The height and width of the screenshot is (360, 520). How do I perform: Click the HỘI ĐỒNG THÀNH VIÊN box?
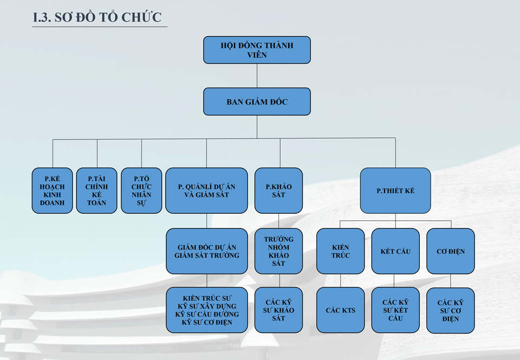(257, 50)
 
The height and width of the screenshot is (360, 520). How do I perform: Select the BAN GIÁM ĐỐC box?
(257, 101)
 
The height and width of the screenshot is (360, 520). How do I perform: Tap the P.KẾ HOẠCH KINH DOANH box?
(52, 191)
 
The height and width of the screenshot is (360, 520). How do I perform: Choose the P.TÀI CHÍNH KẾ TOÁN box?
(97, 191)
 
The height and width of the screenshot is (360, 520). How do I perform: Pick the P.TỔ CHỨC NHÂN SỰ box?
(141, 191)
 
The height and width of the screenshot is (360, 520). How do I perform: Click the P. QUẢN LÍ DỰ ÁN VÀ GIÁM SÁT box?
(206, 191)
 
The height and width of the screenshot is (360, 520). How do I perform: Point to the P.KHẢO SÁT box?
(278, 191)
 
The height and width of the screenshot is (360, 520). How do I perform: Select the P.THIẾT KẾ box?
(395, 191)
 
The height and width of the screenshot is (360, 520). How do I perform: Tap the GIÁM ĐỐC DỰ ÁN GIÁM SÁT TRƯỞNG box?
(206, 251)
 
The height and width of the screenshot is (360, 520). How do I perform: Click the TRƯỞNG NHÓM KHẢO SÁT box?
(278, 251)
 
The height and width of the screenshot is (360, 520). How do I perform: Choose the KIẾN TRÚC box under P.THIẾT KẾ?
(341, 251)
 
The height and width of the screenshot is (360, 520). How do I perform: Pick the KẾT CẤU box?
(395, 251)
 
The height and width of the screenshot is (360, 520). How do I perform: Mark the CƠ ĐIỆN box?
(451, 251)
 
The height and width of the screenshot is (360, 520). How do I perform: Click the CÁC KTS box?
(341, 310)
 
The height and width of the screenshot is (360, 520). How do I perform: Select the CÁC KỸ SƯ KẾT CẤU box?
(395, 310)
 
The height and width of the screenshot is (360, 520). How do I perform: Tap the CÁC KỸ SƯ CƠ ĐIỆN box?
(451, 310)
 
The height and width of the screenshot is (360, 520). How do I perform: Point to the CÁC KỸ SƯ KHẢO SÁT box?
(278, 310)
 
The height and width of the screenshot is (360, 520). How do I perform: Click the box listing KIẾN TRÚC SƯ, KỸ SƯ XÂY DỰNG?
(206, 310)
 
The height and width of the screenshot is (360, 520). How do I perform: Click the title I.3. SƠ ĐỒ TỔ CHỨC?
(97, 17)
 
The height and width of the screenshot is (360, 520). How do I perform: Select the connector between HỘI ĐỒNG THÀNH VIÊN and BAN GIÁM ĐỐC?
(257, 76)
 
